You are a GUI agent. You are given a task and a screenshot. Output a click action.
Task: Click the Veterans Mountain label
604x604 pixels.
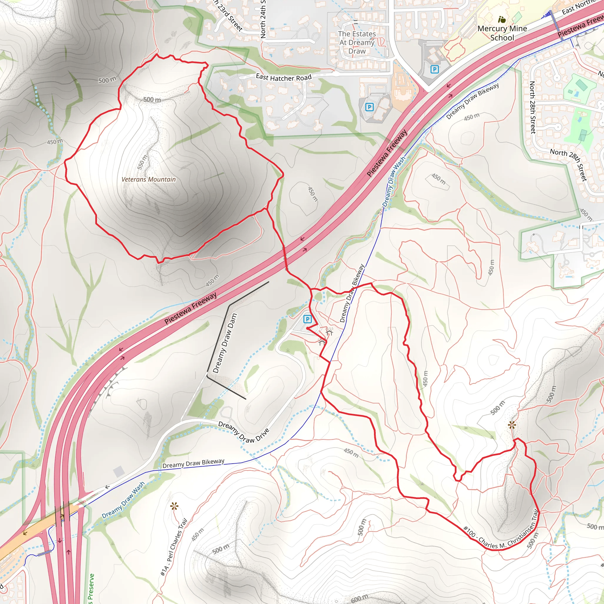149,179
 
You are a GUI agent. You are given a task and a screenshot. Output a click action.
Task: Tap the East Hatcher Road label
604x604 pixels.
283,77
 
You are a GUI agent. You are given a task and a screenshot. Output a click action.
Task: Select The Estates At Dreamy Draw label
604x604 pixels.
357,42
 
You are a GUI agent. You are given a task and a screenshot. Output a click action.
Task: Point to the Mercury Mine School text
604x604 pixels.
502,33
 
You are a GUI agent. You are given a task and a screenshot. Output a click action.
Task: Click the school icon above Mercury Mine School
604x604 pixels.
502,20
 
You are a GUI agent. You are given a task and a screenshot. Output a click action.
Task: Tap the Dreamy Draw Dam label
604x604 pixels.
225,343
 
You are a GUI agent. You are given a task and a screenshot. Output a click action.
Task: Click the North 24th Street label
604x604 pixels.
263,19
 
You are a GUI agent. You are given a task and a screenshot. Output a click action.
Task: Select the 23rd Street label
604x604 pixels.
229,16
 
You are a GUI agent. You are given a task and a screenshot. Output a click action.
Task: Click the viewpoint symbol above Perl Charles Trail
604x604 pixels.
174,506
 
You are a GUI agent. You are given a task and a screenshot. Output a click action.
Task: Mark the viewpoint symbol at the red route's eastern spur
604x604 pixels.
511,425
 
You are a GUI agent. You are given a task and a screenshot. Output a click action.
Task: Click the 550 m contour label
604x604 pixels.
142,162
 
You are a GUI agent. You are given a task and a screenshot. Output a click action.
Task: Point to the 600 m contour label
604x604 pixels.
359,598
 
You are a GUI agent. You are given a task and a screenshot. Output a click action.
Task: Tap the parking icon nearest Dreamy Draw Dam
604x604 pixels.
308,319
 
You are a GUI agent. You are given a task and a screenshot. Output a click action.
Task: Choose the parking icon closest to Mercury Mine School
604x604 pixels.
434,69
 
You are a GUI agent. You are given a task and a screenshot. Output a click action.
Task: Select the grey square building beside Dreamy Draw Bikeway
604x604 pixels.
119,472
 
